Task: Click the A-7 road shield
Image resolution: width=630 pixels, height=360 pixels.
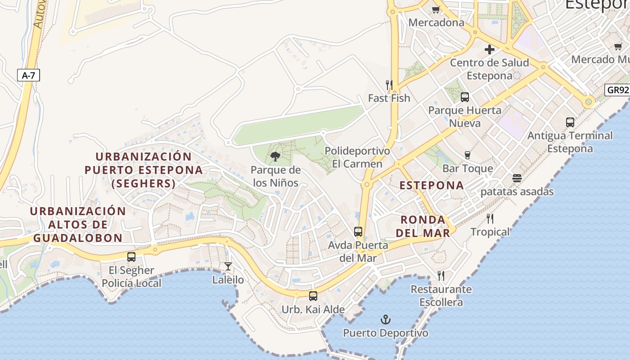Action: [28, 75]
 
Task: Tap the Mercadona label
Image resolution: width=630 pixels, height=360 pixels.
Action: [436, 22]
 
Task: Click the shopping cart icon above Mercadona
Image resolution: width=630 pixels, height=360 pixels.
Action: [436, 9]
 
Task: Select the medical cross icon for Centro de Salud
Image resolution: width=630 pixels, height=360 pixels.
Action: [490, 49]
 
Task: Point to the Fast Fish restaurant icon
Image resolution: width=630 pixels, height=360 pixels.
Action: [389, 85]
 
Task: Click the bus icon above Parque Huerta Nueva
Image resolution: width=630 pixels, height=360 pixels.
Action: [465, 97]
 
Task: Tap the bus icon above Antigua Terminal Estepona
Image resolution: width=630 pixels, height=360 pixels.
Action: [570, 122]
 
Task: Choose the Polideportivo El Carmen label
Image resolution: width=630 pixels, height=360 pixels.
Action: [357, 157]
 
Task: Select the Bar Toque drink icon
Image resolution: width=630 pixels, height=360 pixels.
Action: [468, 155]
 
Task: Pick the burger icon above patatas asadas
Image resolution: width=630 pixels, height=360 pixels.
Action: [517, 178]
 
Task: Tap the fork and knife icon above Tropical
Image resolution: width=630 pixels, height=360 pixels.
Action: [490, 219]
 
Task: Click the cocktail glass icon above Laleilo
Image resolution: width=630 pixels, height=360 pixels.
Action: [228, 266]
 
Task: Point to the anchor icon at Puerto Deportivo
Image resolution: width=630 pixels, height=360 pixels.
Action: [386, 319]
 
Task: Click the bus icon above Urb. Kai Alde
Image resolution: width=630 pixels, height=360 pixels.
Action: [313, 296]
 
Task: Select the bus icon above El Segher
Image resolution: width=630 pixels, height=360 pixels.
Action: [131, 257]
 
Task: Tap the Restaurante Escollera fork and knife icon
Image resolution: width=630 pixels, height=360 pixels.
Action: [441, 275]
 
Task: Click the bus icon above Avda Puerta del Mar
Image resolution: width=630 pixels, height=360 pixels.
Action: [358, 232]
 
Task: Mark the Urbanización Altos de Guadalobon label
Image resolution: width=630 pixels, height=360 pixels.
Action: [78, 225]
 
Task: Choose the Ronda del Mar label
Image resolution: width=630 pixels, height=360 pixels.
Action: [425, 226]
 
